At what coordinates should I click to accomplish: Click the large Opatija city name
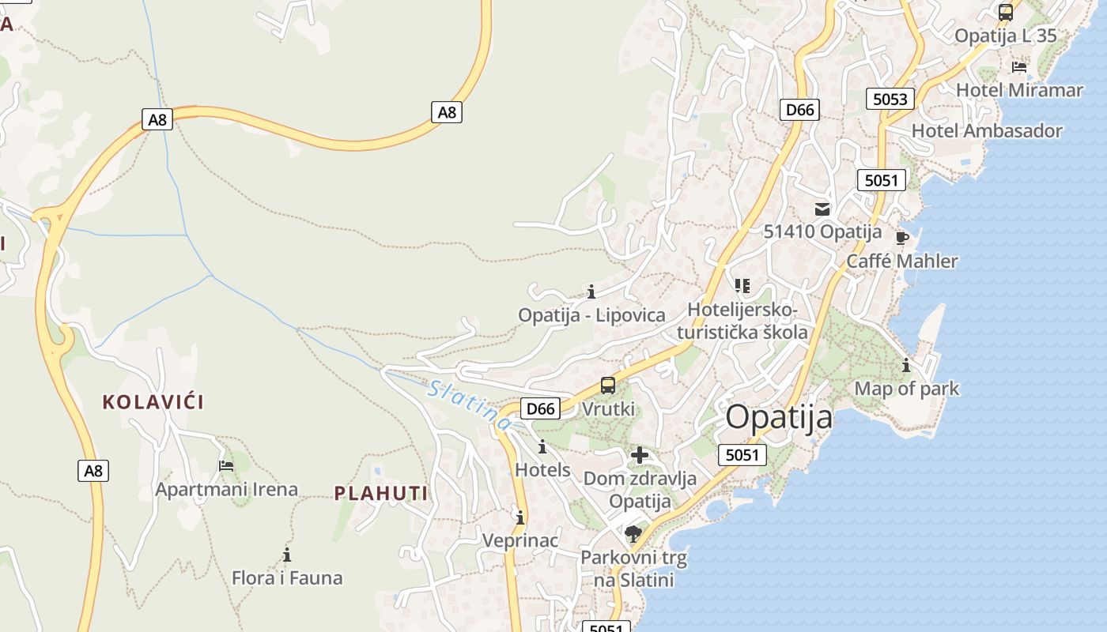[779, 417]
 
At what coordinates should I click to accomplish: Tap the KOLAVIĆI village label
[153, 402]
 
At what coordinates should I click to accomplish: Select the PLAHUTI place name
[381, 494]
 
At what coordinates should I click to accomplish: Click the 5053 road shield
[890, 99]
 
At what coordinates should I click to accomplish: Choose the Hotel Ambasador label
[987, 131]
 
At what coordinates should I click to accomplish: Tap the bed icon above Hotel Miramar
[1019, 67]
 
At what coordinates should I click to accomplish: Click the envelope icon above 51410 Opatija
[822, 209]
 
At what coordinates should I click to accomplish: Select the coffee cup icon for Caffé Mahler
[902, 238]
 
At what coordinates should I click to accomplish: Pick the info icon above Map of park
[906, 366]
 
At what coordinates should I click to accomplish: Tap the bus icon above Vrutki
[608, 386]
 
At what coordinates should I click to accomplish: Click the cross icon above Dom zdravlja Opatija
[640, 455]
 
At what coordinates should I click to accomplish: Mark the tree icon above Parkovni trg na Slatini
[633, 534]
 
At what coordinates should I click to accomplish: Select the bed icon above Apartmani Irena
[226, 466]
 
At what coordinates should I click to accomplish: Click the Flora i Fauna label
[287, 578]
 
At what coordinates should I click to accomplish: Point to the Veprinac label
[520, 541]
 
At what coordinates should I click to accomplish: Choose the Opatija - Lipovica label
[591, 315]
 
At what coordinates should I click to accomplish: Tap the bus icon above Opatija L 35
[1006, 13]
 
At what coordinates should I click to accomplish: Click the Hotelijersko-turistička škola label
[742, 321]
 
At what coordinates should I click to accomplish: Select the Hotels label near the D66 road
[542, 470]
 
